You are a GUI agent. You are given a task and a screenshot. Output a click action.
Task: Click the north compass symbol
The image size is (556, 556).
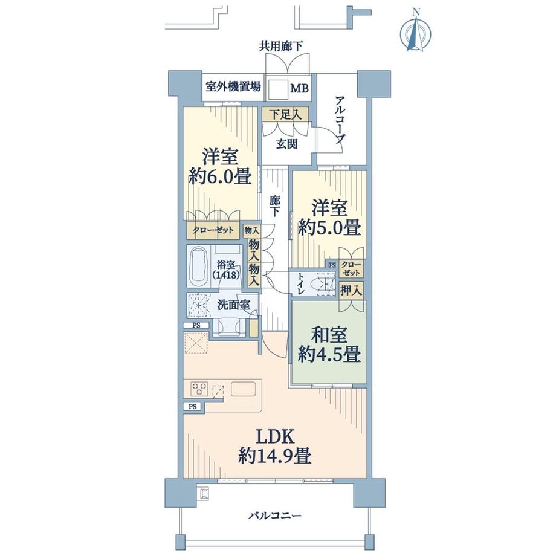pos(416,31)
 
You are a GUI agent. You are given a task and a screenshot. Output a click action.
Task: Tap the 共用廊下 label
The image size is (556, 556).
pos(281,45)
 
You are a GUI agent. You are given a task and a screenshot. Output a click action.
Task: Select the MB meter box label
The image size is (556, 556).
pos(299,89)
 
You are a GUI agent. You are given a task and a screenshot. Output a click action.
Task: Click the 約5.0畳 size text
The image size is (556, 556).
pos(329,228)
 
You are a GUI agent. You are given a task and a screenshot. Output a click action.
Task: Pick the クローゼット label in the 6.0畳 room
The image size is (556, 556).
pos(212,230)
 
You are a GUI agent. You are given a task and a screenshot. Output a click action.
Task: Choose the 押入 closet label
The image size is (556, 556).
pos(351,289)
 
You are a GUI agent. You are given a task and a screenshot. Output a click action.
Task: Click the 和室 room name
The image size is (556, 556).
pos(329,333)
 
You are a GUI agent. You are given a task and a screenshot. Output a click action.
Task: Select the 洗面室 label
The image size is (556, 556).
pos(233,305)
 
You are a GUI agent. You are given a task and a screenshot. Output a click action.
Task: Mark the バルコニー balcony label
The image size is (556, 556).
pos(274,516)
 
